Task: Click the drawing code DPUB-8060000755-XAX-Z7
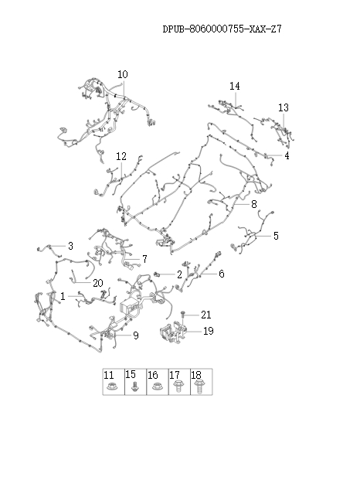pos(222,29)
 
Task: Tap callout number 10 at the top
pos(123,74)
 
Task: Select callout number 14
pos(235,86)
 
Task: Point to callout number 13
pos(284,107)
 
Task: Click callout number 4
pos(287,155)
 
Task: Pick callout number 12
pos(121,156)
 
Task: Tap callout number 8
pos(254,204)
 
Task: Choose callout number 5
pos(276,236)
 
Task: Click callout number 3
pos(70,246)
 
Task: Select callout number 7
pos(144,259)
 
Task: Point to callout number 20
pos(98,283)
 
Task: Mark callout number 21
pos(206,315)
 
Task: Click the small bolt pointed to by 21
pos(182,315)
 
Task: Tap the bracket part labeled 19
pos(172,332)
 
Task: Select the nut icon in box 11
pos(111,387)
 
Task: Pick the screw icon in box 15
pos(134,387)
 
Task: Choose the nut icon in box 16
pos(156,387)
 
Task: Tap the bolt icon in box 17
pos(178,386)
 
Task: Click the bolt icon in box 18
pos(198,387)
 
